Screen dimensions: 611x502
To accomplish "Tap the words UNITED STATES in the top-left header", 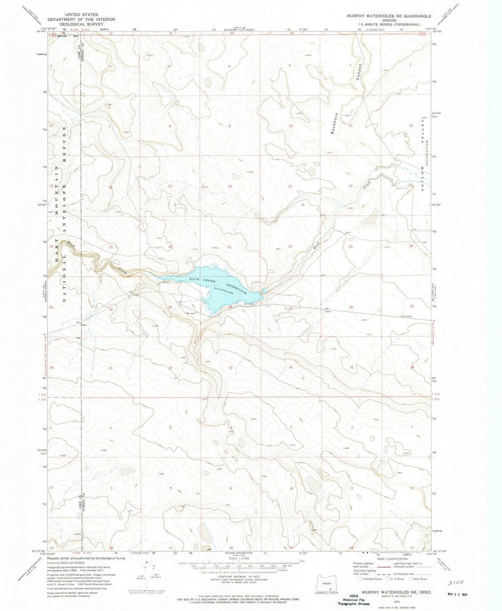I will tap(77, 13).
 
